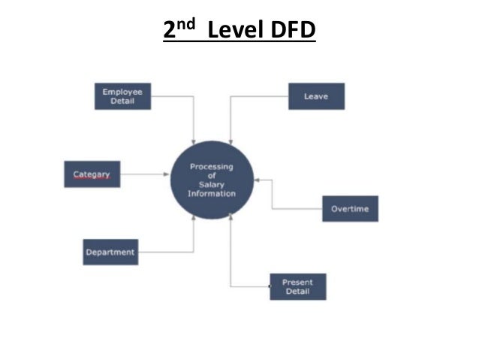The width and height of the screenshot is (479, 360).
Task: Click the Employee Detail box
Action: tap(122, 96)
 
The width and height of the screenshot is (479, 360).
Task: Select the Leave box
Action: tap(316, 96)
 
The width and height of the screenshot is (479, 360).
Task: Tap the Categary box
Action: tap(92, 174)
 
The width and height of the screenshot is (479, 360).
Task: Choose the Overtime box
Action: tap(350, 208)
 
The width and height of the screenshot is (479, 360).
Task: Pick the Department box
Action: tap(110, 252)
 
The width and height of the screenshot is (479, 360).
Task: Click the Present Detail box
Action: tap(297, 286)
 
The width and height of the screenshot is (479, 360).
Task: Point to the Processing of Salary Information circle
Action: tap(212, 180)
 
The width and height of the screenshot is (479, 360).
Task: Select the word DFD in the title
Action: tap(294, 32)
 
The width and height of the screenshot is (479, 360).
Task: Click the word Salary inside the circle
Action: tap(212, 185)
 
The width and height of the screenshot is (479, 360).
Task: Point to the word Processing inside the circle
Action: tap(212, 167)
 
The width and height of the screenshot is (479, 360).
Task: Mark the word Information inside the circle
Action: tap(212, 194)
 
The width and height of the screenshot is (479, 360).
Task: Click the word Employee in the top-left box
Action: tap(122, 92)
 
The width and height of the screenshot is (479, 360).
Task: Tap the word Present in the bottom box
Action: tap(297, 282)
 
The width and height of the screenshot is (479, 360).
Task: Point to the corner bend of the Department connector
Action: tap(194, 252)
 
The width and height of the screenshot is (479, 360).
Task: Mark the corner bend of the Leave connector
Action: tap(230, 96)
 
